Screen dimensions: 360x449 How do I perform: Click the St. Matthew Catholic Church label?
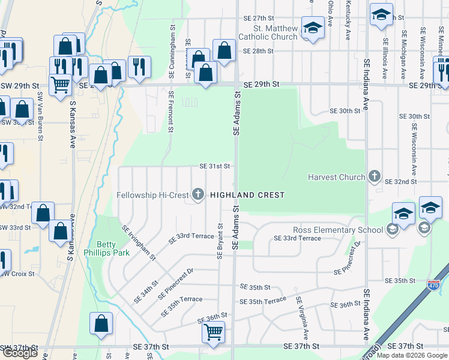267,32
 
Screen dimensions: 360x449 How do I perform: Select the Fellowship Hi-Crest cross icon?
198,194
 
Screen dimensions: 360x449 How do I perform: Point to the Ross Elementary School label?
337,230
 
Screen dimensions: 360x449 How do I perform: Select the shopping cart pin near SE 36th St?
214,332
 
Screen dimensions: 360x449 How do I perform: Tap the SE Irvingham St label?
139,243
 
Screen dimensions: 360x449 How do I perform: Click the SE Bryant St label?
220,242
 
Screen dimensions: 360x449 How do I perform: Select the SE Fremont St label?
171,111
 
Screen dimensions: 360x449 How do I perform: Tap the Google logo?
20,353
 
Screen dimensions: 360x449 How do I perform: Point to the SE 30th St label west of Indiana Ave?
343,111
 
